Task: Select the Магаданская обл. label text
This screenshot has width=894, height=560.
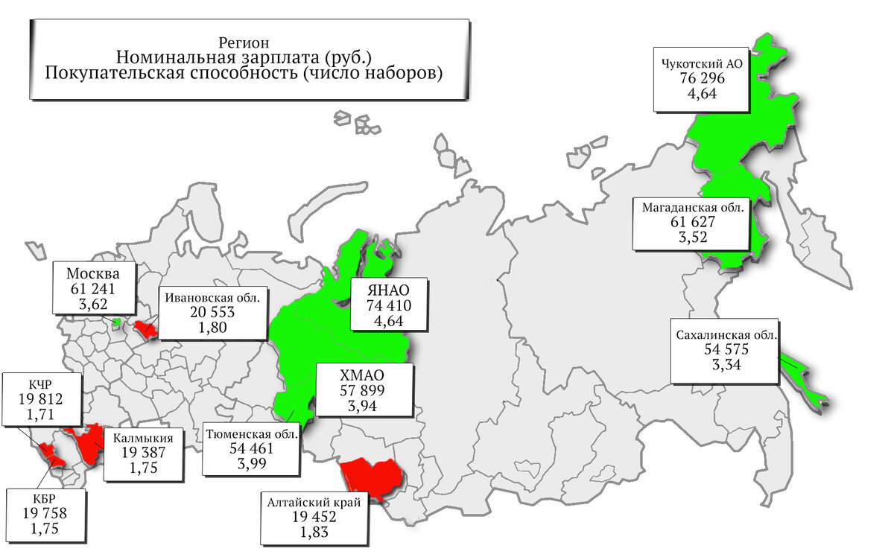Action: point(692,208)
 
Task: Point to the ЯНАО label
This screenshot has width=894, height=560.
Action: point(388,290)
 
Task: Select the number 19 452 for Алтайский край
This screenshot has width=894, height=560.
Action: point(314,518)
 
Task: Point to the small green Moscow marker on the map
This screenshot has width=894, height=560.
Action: point(116,322)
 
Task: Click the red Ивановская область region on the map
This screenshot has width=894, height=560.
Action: point(145,328)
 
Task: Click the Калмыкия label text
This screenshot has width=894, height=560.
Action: point(143,438)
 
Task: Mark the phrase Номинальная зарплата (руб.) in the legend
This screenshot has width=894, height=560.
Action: point(244,58)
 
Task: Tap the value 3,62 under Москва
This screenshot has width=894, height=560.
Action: point(93,303)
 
